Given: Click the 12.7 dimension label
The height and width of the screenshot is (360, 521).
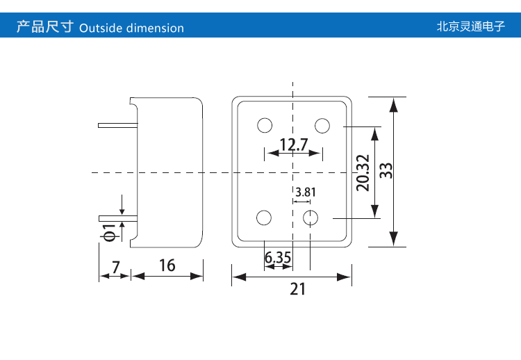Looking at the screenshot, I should [293, 145].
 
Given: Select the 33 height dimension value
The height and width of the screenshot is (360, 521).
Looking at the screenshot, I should [387, 171].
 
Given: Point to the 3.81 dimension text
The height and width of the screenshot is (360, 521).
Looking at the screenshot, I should [306, 193].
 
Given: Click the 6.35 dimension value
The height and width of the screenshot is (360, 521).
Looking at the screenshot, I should [278, 258].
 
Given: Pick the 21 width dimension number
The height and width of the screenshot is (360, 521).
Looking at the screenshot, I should [297, 289].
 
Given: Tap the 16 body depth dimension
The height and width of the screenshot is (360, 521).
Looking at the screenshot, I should [167, 265].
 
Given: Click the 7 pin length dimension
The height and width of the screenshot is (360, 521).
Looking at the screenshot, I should [115, 265].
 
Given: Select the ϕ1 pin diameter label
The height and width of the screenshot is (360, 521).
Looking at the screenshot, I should [109, 233].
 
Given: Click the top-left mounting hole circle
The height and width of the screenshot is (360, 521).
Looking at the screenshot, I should [264, 125].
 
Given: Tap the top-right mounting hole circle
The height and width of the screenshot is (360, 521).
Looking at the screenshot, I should [322, 125].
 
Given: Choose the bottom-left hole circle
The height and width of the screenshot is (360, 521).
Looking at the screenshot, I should [264, 218].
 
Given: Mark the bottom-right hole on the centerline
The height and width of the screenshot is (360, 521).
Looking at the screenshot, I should [311, 218].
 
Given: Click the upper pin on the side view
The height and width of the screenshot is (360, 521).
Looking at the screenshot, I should [117, 125].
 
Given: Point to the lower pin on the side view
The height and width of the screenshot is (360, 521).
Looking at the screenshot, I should [117, 218].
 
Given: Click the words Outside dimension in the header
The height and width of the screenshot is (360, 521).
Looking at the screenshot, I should [132, 28].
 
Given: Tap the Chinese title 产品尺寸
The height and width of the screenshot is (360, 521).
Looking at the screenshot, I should [44, 28].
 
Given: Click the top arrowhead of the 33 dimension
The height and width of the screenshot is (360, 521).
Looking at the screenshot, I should [394, 104].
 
